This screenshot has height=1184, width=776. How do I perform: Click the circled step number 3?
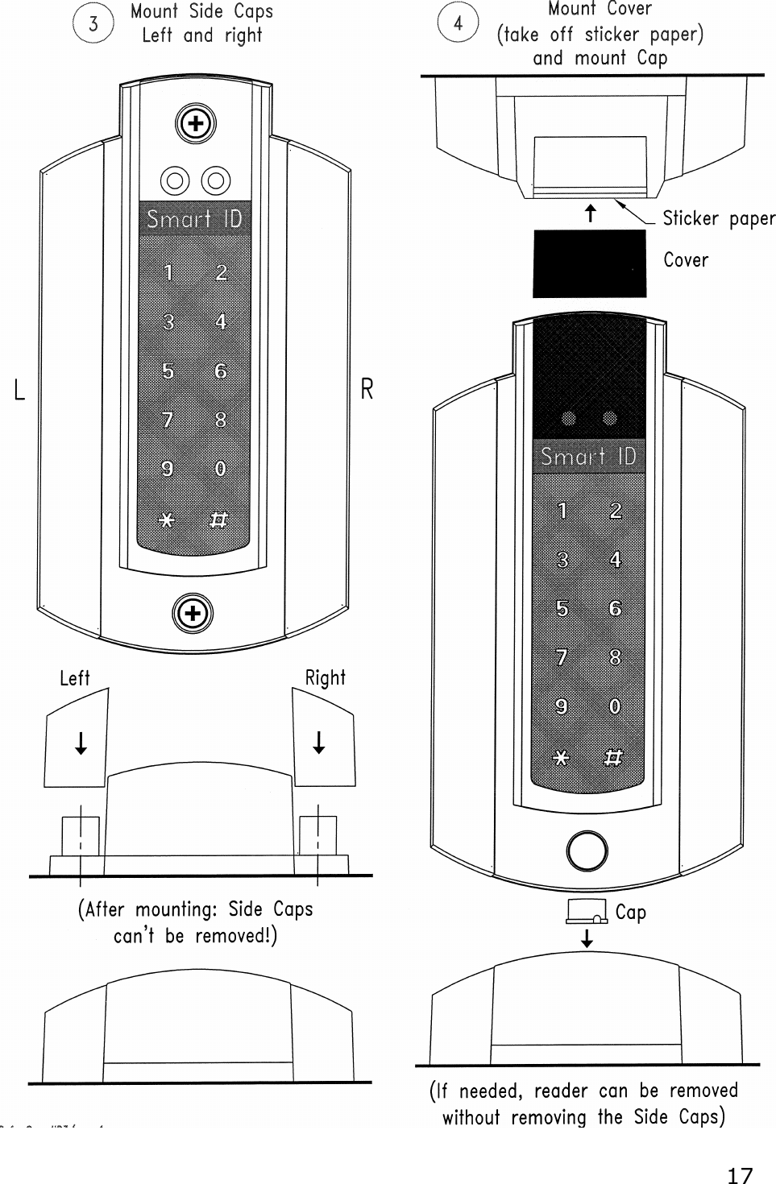click(x=93, y=24)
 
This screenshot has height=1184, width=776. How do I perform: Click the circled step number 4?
click(x=458, y=23)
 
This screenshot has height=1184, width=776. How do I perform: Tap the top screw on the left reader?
click(x=194, y=124)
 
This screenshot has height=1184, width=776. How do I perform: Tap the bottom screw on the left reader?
click(x=193, y=615)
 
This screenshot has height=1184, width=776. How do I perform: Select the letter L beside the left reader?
click(x=20, y=391)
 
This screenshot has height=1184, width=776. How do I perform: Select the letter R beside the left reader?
click(x=367, y=390)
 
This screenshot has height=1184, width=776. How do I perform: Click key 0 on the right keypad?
click(x=615, y=706)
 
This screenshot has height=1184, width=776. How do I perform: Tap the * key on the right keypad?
click(x=562, y=758)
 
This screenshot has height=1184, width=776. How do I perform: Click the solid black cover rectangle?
click(x=589, y=263)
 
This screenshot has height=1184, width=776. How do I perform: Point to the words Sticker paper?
click(x=719, y=219)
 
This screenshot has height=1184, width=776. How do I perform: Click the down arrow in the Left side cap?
click(x=81, y=742)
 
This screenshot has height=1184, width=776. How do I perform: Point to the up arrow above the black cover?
click(x=591, y=213)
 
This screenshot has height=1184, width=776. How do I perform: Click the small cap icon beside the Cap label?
click(x=587, y=911)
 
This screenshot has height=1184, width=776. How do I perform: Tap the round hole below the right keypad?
click(x=587, y=851)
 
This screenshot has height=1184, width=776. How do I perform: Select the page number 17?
click(x=739, y=1175)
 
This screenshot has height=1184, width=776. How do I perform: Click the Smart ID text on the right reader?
click(x=588, y=457)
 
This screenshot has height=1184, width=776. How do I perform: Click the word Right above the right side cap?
click(x=325, y=678)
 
